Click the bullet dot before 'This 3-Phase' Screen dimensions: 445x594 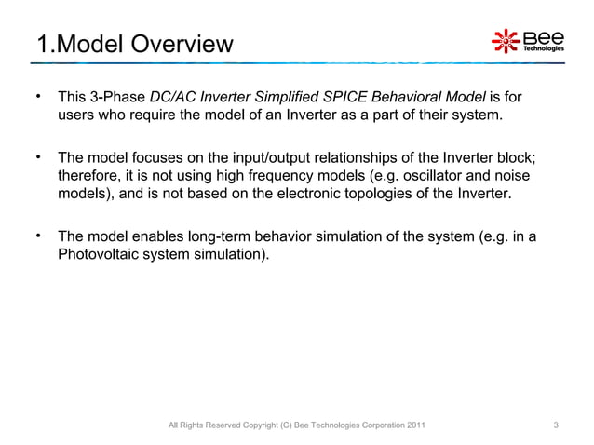coord(39,97)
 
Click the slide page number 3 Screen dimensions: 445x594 coord(556,426)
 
